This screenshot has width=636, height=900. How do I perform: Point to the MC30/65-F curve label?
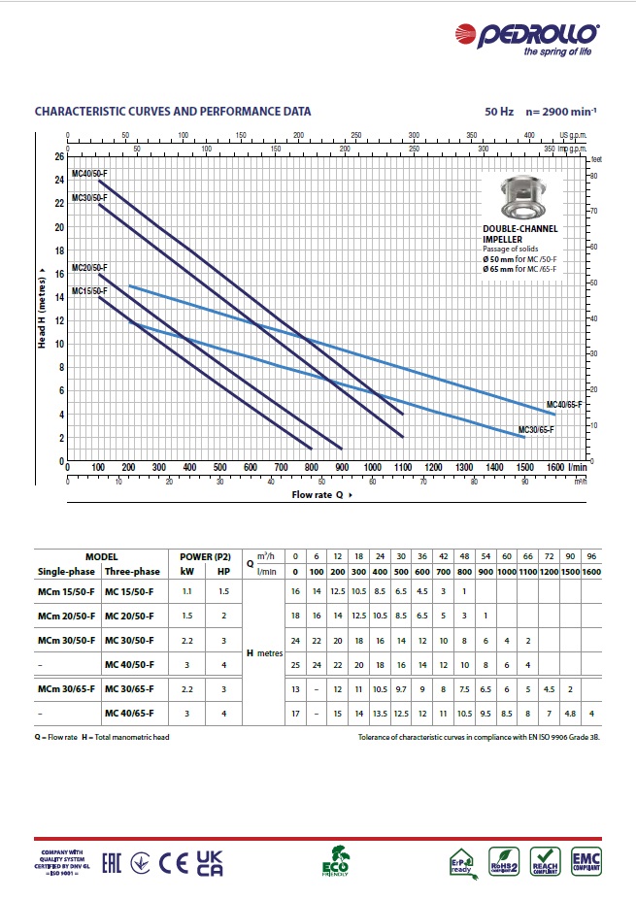tap(535, 428)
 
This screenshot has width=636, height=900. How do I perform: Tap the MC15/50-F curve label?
tap(89, 290)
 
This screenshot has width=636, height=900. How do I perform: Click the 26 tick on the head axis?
tap(58, 156)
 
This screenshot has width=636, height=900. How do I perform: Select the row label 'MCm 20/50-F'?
tap(66, 616)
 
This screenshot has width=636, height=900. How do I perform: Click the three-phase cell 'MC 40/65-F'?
tap(131, 715)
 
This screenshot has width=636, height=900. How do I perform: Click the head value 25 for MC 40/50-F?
tap(296, 664)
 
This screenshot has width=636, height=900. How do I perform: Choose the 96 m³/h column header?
tap(593, 557)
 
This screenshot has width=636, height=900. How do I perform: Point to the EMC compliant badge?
tap(586, 859)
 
